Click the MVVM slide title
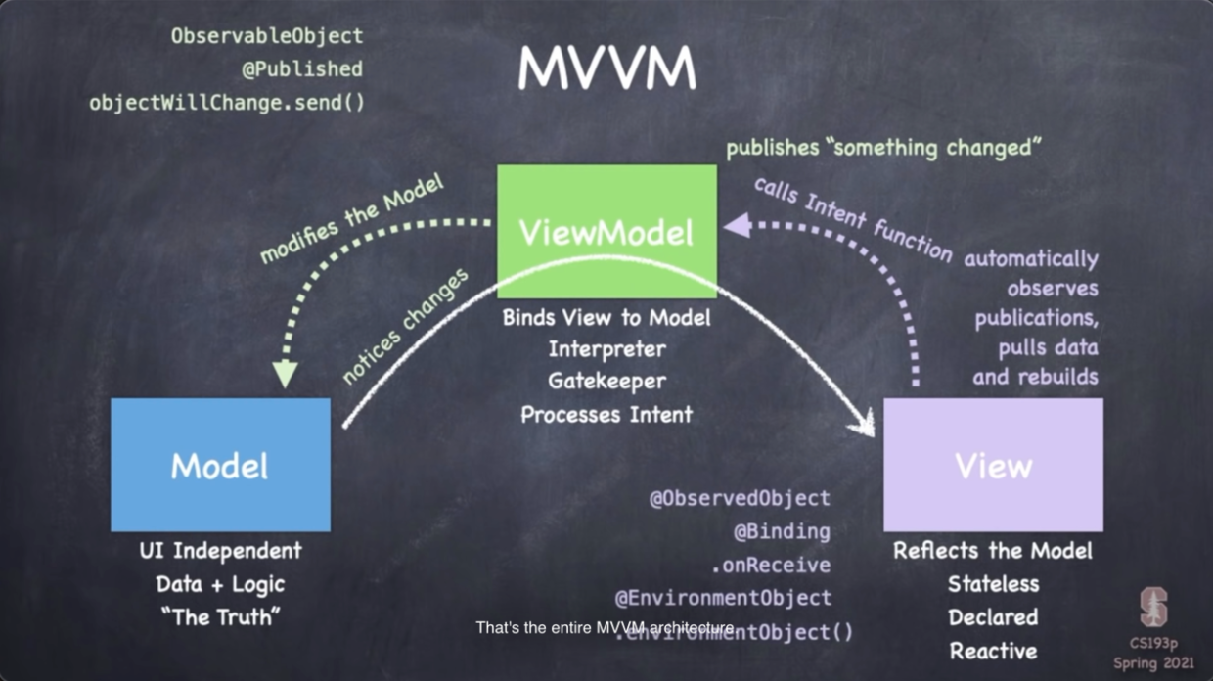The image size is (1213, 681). tap(606, 68)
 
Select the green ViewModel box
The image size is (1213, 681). tap(606, 231)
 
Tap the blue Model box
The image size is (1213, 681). tap(220, 465)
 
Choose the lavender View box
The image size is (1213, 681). tap(993, 465)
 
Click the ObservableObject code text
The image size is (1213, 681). tap(267, 36)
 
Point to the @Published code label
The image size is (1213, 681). tap(302, 68)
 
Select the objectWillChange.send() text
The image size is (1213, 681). tap(226, 102)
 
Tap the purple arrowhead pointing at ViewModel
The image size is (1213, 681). tap(736, 228)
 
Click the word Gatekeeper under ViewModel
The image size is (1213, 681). tap(606, 382)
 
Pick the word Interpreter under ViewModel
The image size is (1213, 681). tap(606, 349)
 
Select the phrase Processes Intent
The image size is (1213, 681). tap(606, 414)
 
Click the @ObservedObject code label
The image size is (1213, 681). tap(740, 498)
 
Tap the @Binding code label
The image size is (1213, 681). tap(782, 531)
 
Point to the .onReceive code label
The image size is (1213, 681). tap(771, 565)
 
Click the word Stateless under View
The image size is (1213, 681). tap(993, 584)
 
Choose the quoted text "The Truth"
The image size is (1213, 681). tap(220, 616)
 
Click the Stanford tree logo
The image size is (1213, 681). tap(1154, 608)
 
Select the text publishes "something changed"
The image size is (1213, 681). tap(883, 148)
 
